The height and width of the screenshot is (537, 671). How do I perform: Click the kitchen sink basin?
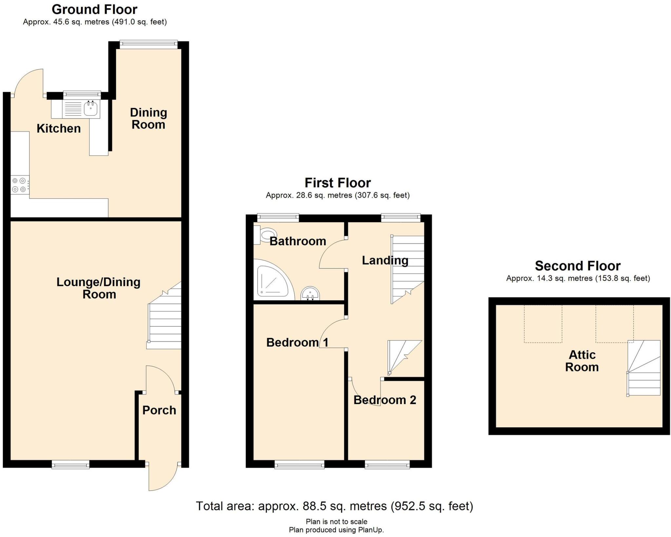pyautogui.click(x=90, y=109)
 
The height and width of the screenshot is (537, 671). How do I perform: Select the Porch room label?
pyautogui.click(x=159, y=410)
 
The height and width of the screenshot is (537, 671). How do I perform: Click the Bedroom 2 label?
pyautogui.click(x=385, y=400)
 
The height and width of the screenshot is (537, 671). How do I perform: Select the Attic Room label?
pyautogui.click(x=582, y=361)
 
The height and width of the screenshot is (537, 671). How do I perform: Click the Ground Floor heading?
pyautogui.click(x=94, y=9)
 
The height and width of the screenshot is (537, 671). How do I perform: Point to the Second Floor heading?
pyautogui.click(x=578, y=266)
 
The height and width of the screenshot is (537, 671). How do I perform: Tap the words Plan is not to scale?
pyautogui.click(x=336, y=522)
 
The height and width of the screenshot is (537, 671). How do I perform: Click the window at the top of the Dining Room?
pyautogui.click(x=148, y=45)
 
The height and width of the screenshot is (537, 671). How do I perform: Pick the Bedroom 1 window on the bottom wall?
pyautogui.click(x=299, y=464)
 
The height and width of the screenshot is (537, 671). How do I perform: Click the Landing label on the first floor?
pyautogui.click(x=385, y=260)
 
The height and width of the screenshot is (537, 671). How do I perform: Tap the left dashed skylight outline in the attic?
pyautogui.click(x=543, y=324)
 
